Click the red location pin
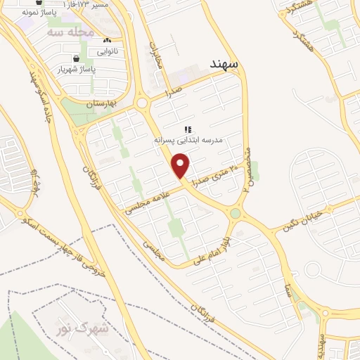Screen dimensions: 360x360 [181, 166]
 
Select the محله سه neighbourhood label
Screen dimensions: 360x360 [70, 32]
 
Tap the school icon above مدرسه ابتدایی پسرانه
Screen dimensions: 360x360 [188, 129]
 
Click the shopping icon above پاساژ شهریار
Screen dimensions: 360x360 [76, 58]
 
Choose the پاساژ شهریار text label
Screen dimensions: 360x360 [76, 70]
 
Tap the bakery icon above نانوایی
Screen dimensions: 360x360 [107, 40]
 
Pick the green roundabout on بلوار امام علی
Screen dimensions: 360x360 [236, 213]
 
